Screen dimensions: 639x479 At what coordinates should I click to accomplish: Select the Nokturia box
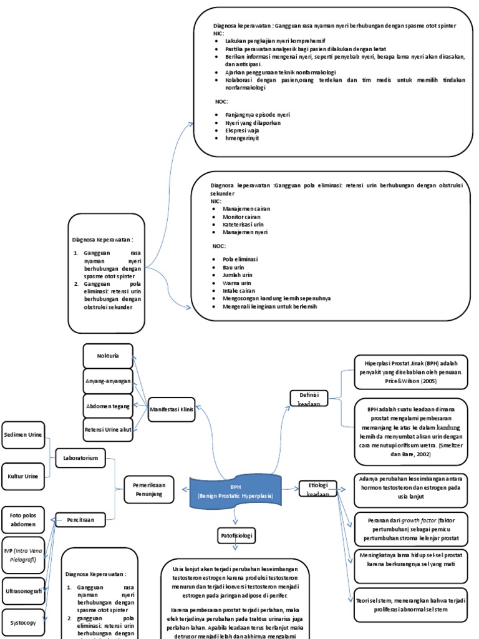pos(107,356)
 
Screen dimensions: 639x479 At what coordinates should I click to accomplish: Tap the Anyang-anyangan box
pos(107,381)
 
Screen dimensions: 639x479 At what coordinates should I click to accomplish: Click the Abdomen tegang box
pos(107,406)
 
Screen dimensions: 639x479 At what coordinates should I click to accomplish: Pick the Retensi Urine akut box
pos(107,430)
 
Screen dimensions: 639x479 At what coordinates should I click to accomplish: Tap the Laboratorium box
pos(80,457)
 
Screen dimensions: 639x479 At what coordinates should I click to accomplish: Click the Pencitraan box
pos(80,517)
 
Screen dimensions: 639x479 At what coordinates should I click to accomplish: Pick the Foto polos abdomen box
pos(23,520)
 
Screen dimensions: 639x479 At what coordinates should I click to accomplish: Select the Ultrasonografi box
pos(23,589)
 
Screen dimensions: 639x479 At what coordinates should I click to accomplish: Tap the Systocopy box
pos(23,622)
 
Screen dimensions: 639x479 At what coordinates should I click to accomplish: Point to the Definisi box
pos(309,397)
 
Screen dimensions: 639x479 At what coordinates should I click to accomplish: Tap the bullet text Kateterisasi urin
pos(243,224)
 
